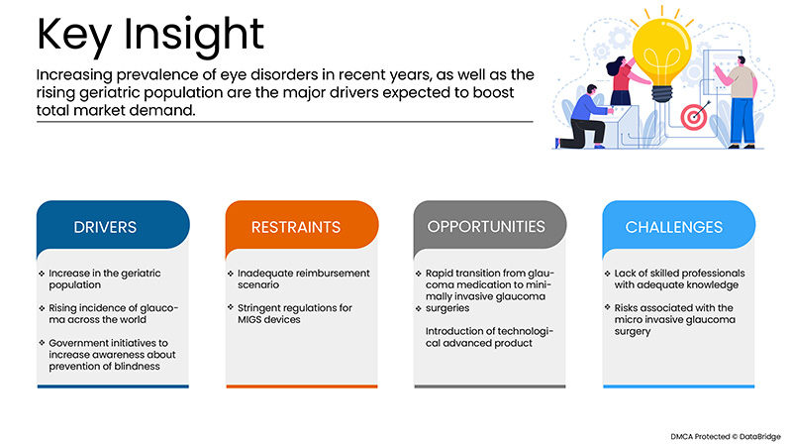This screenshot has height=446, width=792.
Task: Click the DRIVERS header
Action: click(x=105, y=227)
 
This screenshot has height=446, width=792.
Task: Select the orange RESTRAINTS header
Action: click(x=294, y=227)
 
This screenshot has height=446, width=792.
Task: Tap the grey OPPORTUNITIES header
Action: click(x=485, y=227)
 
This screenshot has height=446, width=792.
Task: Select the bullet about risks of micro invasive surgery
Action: click(x=675, y=321)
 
